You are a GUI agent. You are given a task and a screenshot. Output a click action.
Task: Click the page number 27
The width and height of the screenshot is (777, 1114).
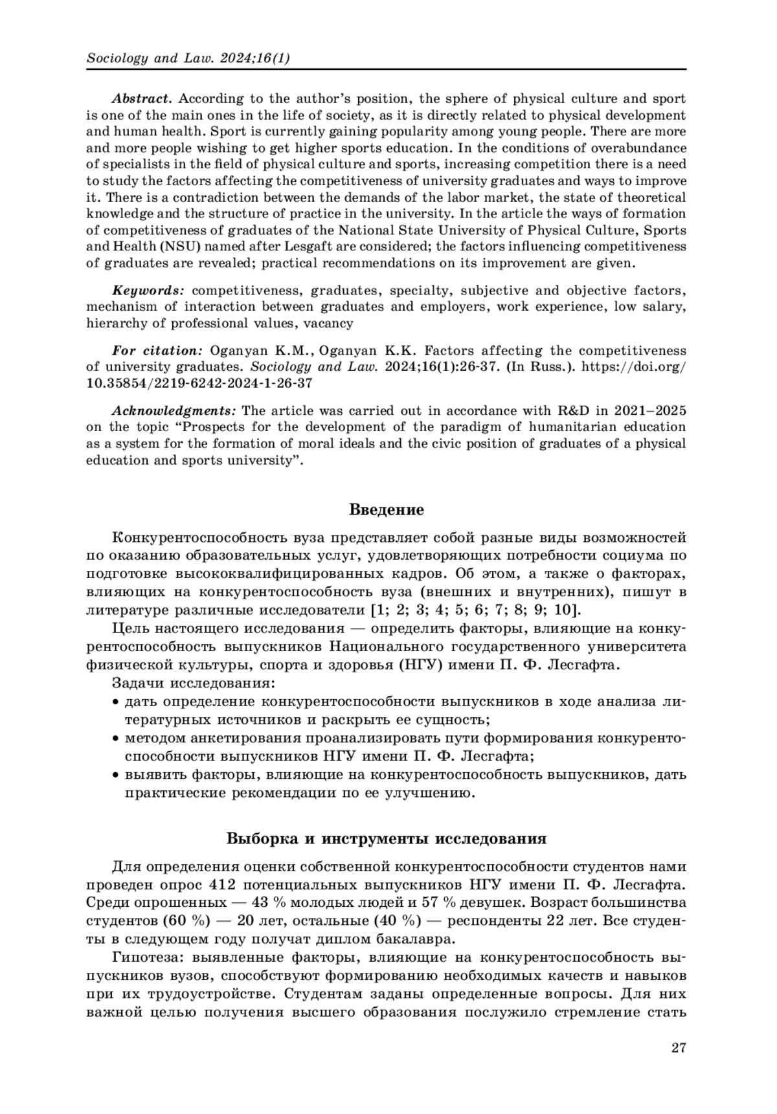click(x=678, y=1048)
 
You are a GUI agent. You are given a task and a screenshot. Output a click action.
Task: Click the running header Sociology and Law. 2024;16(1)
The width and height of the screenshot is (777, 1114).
click(x=188, y=58)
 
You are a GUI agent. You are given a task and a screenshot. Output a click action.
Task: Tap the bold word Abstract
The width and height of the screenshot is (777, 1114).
click(x=142, y=99)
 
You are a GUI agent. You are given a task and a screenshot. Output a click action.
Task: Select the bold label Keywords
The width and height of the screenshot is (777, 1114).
click(x=149, y=291)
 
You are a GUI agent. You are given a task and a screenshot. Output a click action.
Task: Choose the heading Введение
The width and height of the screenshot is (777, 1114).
click(x=387, y=509)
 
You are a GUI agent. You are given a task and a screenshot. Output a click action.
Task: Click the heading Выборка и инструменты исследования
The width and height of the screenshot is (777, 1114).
click(x=387, y=839)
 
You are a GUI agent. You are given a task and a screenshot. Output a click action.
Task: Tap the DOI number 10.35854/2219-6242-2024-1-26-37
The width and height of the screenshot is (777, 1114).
click(x=199, y=383)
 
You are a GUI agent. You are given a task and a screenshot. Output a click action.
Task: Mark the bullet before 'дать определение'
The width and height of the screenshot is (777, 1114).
click(x=116, y=702)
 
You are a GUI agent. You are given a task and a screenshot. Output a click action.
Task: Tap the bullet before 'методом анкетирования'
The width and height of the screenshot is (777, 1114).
click(x=116, y=739)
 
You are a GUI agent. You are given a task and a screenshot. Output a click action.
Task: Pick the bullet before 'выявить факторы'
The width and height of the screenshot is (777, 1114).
click(x=116, y=775)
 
